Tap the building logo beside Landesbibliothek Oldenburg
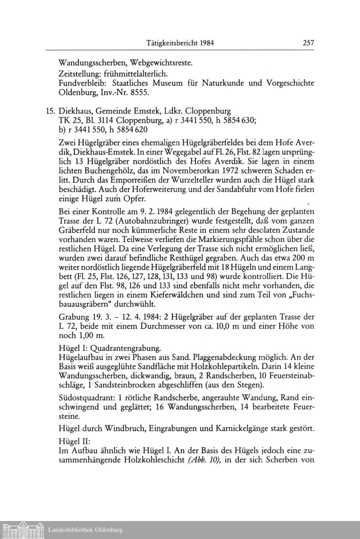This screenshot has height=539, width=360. point(22,530)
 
